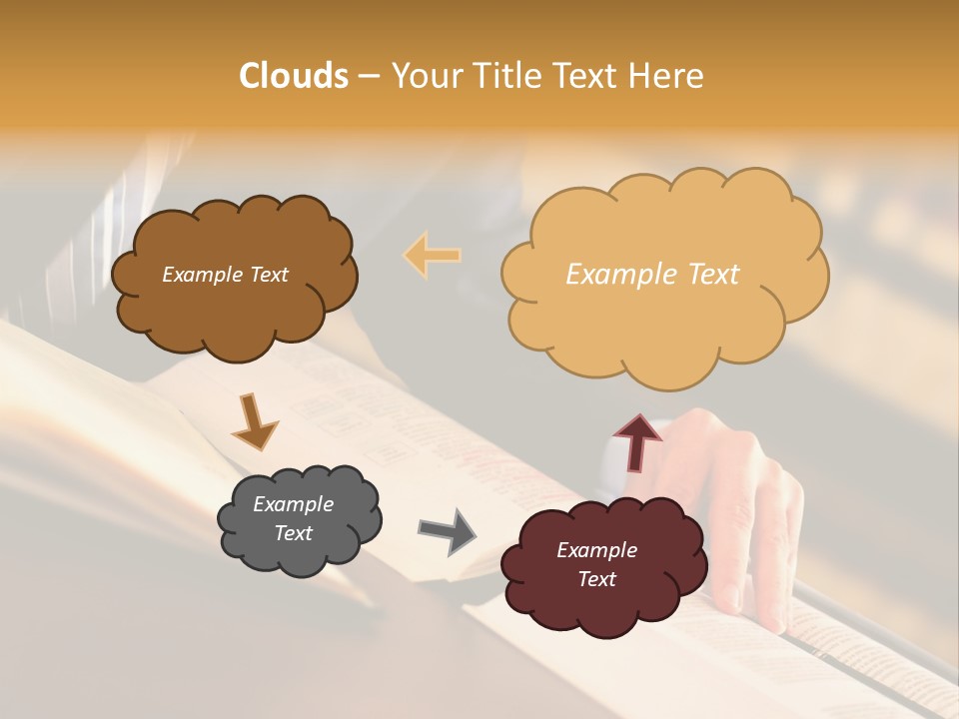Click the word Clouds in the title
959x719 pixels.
click(x=294, y=76)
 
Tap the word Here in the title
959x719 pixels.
click(x=667, y=76)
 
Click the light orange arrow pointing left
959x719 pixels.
click(x=433, y=255)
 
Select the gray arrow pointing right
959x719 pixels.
click(x=448, y=530)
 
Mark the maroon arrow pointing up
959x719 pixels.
click(x=637, y=441)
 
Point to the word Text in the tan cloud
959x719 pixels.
click(x=713, y=275)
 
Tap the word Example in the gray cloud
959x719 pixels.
click(x=293, y=505)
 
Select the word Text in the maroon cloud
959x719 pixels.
click(x=596, y=579)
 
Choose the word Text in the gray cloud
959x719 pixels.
click(x=293, y=533)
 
